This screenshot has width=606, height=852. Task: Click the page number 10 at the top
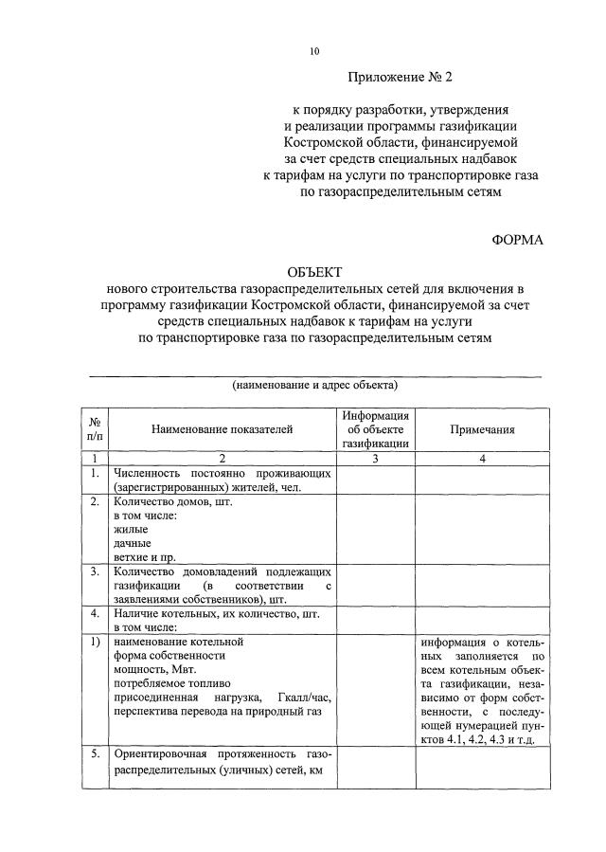[x=315, y=52]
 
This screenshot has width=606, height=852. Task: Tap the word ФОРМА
[x=518, y=240]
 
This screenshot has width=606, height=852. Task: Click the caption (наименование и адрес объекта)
[x=315, y=385]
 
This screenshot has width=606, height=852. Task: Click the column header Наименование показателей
[x=223, y=429]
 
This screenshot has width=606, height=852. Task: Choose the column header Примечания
[x=482, y=429]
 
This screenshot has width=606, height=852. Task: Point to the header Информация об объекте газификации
[x=375, y=429]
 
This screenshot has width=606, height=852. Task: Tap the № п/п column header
[x=95, y=429]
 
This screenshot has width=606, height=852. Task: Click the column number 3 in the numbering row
[x=375, y=459]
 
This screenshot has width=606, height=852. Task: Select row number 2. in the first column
[x=95, y=502]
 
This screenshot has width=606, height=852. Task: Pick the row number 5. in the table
[x=95, y=754]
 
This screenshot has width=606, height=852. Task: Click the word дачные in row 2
[x=132, y=544]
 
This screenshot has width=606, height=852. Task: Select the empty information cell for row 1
[x=375, y=480]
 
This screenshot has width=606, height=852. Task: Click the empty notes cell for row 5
[x=482, y=768]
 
